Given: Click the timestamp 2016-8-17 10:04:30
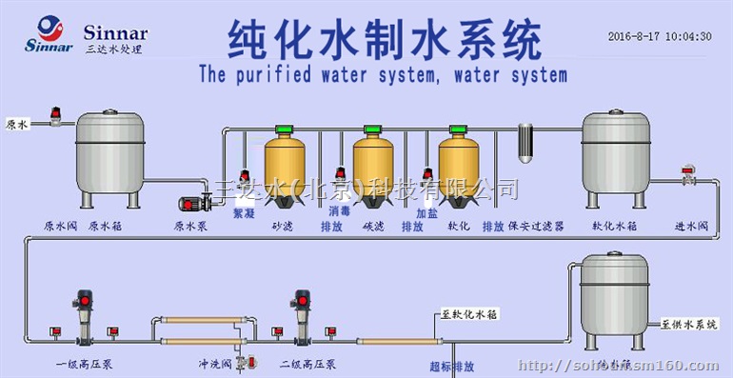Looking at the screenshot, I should [x=660, y=36].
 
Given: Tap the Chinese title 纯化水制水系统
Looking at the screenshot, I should [x=385, y=39].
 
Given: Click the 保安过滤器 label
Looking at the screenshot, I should [x=536, y=227].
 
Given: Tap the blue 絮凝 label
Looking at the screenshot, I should [x=245, y=213].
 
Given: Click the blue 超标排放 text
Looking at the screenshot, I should [x=451, y=366].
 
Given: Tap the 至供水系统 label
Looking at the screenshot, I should [x=688, y=324].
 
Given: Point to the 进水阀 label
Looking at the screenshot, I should [x=692, y=227].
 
